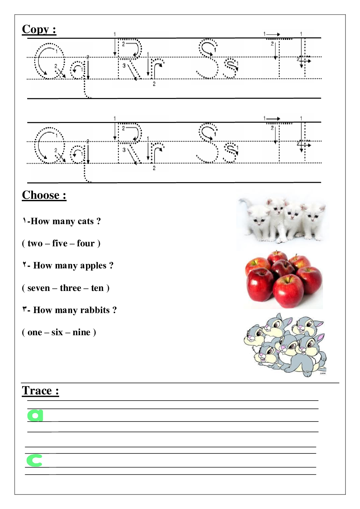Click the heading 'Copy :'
[x=39, y=29]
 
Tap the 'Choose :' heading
[x=44, y=195]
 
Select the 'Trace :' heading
[x=40, y=391]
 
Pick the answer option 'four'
[x=86, y=243]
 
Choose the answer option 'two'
[x=35, y=243]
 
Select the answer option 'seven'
[x=38, y=288]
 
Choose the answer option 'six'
[x=57, y=332]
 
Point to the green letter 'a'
[x=35, y=415]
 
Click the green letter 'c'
[x=34, y=460]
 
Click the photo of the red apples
[x=283, y=280]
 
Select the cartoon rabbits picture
[x=285, y=345]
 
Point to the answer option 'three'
[x=70, y=288]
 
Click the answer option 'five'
[x=60, y=243]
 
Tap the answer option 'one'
[x=34, y=332]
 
